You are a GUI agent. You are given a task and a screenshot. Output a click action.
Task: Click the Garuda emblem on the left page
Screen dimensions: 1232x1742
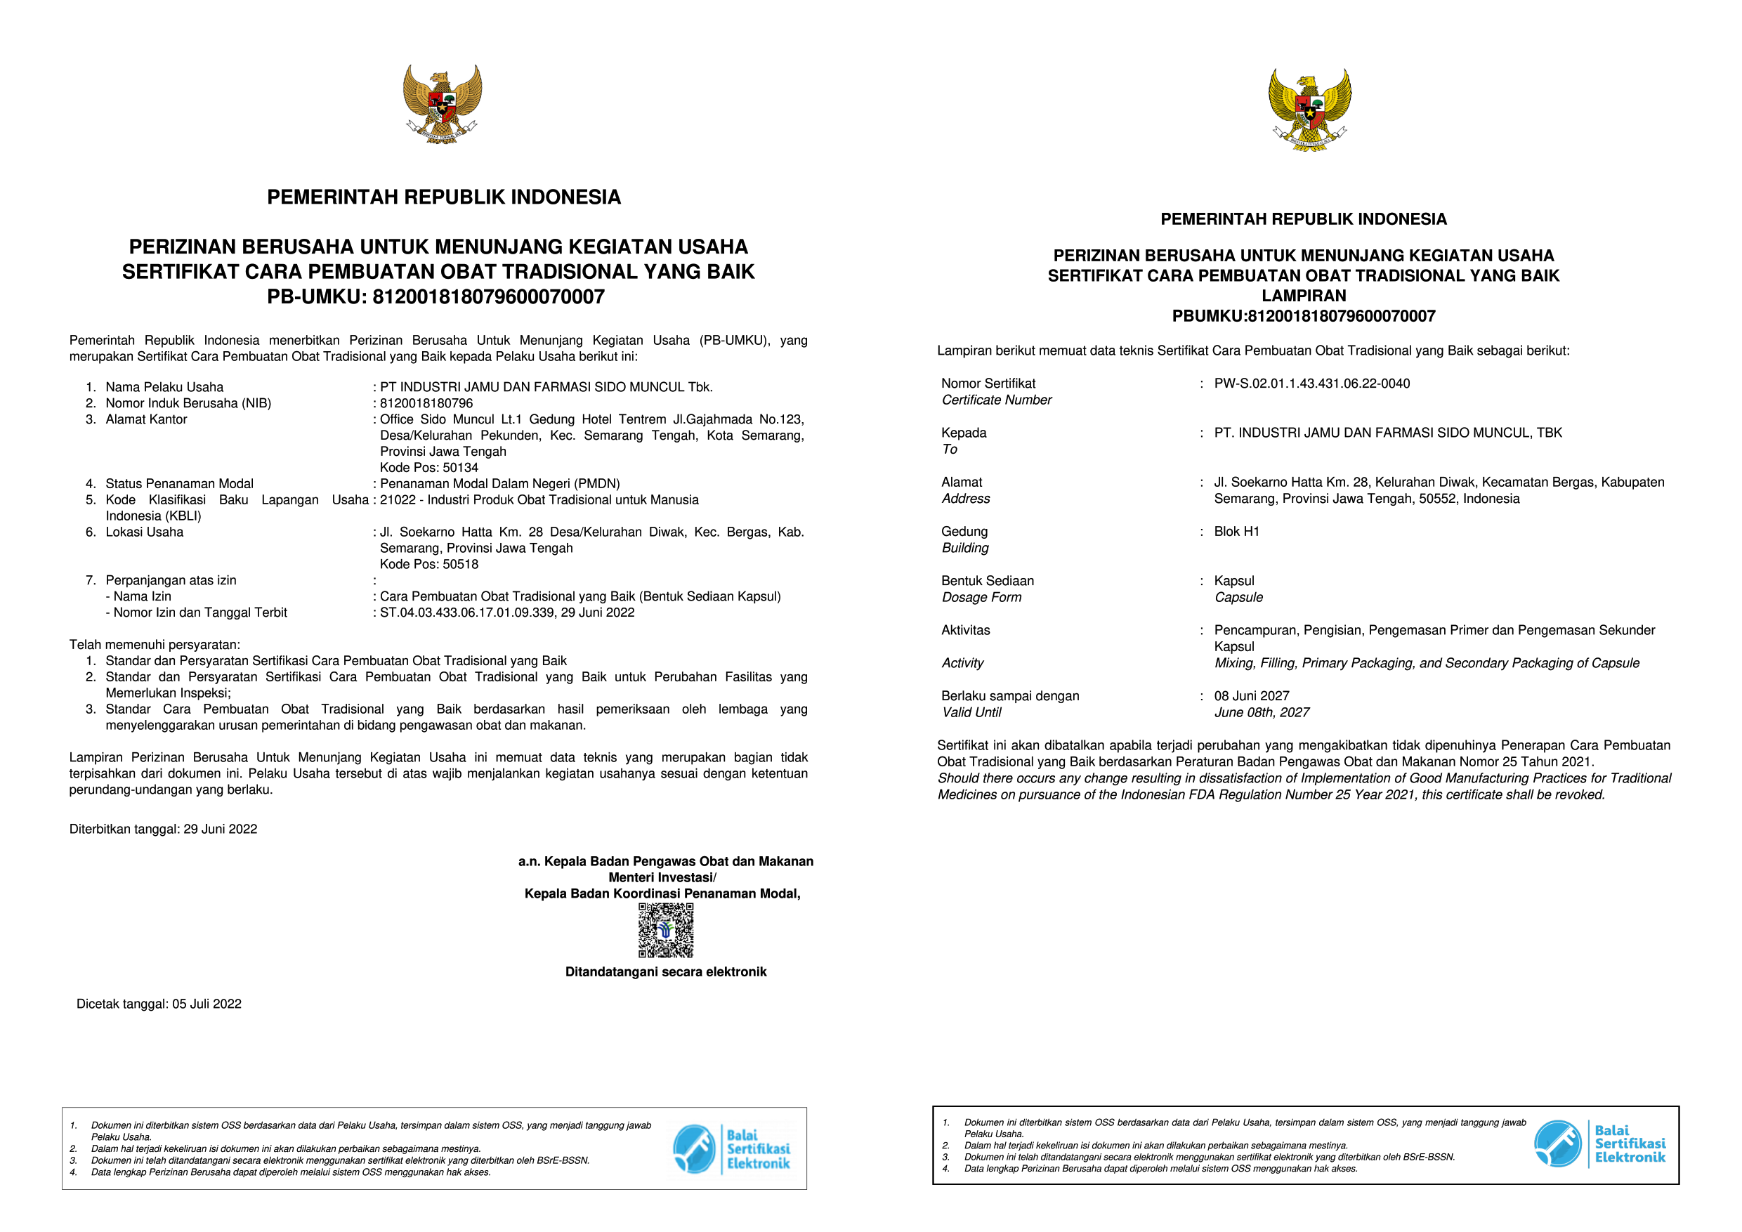tap(443, 104)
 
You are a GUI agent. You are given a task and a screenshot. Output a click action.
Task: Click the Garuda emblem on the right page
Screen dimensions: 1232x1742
tap(1309, 110)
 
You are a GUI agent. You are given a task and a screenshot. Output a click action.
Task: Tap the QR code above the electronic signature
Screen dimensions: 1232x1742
tap(665, 930)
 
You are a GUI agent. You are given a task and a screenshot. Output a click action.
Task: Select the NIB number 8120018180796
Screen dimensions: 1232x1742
tap(426, 404)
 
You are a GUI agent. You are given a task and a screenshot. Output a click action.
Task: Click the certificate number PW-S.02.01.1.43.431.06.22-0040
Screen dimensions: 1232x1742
tap(1312, 384)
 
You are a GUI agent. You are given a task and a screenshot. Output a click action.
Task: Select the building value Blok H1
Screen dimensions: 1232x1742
tap(1236, 532)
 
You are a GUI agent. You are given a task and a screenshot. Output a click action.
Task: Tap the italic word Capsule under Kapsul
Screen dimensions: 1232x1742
tap(1238, 598)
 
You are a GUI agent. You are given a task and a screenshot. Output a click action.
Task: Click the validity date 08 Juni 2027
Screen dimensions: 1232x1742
tap(1251, 696)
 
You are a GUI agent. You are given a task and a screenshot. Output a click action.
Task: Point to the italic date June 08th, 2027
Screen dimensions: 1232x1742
tap(1261, 713)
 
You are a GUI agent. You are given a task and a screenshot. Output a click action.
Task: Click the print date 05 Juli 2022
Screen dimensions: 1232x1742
tap(207, 1004)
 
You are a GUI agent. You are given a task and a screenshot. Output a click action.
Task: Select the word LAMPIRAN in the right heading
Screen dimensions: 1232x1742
tap(1304, 296)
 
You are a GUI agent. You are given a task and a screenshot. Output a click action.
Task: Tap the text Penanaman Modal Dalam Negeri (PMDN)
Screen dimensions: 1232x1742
tap(500, 484)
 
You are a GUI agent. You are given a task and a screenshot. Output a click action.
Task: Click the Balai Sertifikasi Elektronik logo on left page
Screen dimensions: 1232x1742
tap(731, 1149)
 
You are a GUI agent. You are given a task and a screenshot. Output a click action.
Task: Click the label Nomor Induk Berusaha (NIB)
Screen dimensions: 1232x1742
tap(188, 404)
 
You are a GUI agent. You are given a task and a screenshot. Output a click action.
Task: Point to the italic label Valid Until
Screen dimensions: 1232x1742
tap(971, 713)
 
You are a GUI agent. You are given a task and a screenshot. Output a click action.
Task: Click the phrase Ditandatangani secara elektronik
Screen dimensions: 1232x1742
tap(665, 973)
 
